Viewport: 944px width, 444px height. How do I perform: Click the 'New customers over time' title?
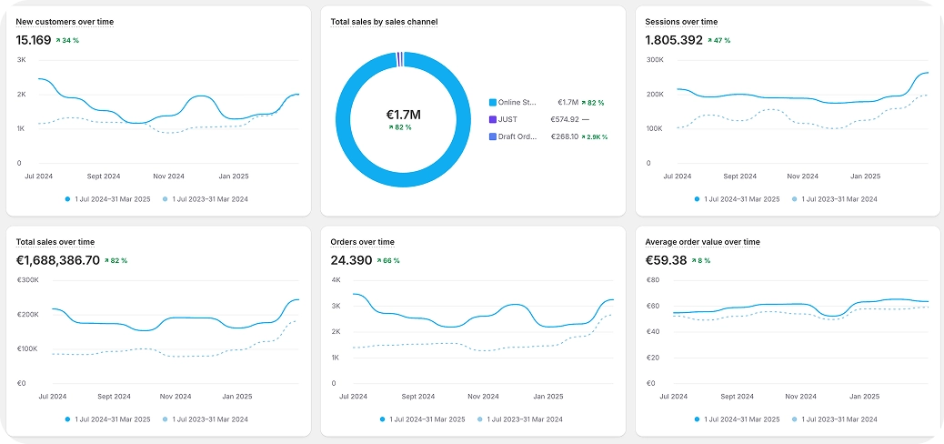(x=65, y=21)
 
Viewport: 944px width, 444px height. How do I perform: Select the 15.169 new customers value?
(x=34, y=40)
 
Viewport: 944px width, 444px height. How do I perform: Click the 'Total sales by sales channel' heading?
(x=384, y=21)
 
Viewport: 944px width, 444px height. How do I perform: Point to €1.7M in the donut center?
(x=404, y=115)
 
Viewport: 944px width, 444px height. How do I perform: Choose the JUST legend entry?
(x=507, y=119)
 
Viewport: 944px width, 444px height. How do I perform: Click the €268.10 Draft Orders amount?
(x=565, y=136)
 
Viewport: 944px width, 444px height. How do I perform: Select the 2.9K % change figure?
(x=595, y=136)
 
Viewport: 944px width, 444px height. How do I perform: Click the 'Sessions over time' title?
(x=681, y=21)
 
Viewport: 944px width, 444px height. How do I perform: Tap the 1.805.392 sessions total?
(x=674, y=40)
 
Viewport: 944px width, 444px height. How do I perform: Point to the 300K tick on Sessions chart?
(x=655, y=60)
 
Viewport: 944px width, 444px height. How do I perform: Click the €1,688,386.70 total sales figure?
(x=58, y=260)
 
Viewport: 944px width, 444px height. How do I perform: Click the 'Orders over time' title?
(x=362, y=242)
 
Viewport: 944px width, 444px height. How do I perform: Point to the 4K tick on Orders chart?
(x=336, y=280)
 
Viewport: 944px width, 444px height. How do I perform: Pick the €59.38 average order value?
(x=666, y=260)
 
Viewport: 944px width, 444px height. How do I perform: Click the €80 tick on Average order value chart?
(x=651, y=280)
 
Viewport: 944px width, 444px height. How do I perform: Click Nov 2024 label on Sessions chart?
(x=802, y=176)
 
